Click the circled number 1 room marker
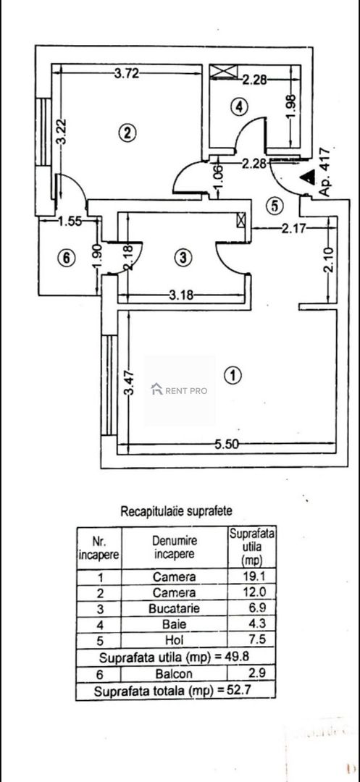(x=233, y=376)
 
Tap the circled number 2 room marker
(x=127, y=133)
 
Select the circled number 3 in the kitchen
(x=183, y=257)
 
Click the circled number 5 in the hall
(x=275, y=205)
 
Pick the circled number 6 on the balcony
(x=67, y=258)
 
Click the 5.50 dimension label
(x=227, y=445)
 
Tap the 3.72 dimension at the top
(x=127, y=75)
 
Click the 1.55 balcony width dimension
(x=70, y=222)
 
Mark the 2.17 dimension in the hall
(x=293, y=228)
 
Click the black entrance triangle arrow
(x=309, y=176)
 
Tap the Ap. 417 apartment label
(x=324, y=172)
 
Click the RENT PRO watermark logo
(x=180, y=390)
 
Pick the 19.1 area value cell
(x=251, y=577)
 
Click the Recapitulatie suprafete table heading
(x=176, y=510)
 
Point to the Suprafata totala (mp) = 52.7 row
(x=175, y=691)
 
